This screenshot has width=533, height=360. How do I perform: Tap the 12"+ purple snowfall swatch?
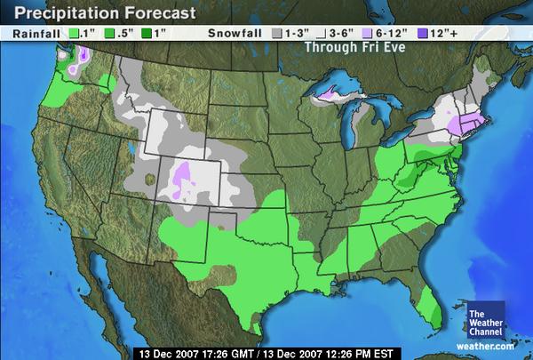pos(411,33)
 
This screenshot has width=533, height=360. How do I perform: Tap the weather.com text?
pos(491,347)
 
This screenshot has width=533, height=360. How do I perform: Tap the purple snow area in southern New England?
pos(465,124)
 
